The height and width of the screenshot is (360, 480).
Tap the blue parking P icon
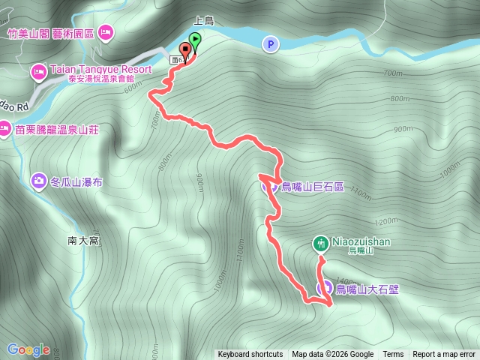tap(269, 45)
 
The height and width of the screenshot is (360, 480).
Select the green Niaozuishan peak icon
tap(321, 242)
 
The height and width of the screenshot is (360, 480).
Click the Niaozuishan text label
tap(360, 242)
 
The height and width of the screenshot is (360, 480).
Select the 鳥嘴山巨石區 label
tap(312, 187)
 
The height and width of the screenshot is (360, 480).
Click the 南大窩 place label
tap(83, 241)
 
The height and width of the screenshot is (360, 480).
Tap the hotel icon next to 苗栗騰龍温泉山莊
tap(5, 128)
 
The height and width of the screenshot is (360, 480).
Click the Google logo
tap(28, 349)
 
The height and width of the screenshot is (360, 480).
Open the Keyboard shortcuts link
tap(250, 355)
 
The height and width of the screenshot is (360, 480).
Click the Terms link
tap(393, 355)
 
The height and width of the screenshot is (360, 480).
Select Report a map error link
tap(444, 355)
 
